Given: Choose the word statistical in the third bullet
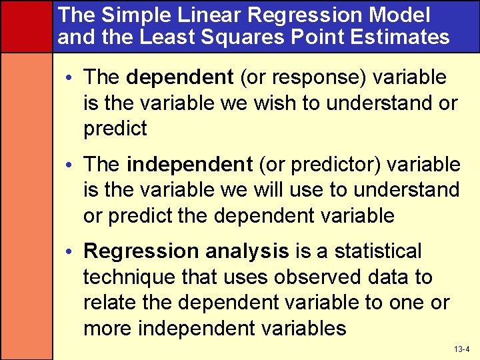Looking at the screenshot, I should click(378, 251).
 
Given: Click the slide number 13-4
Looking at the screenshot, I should click(462, 349).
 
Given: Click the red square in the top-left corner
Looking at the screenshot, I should click(26, 25).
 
